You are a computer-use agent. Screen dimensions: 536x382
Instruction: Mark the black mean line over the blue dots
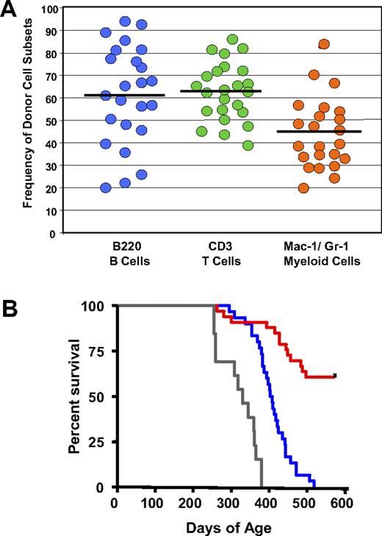pos(124,96)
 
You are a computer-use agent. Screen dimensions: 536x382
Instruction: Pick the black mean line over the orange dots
pos(320,132)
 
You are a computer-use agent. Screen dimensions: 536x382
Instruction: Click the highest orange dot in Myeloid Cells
pos(323,44)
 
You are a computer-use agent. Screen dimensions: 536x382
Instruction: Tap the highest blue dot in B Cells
pos(125,21)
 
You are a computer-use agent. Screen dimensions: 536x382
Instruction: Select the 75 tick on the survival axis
pos(99,351)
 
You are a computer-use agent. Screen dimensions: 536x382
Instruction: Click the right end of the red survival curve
pos(335,376)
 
